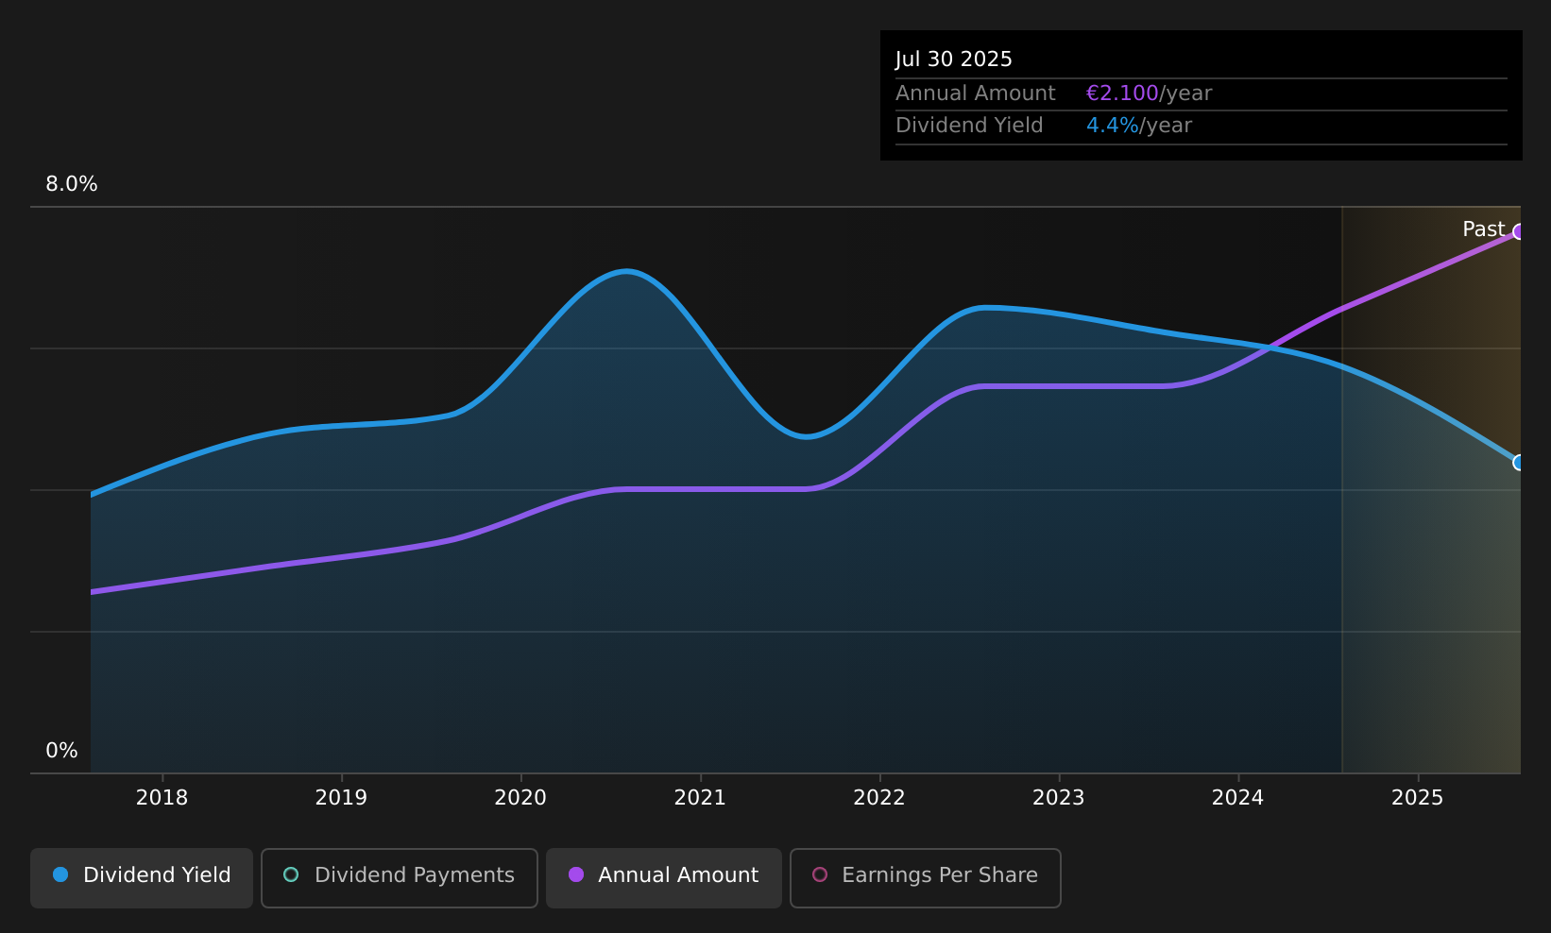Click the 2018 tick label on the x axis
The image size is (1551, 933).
coord(162,798)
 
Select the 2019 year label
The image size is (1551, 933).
coord(341,798)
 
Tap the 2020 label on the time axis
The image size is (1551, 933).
coord(520,798)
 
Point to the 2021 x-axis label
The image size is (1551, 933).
coord(700,798)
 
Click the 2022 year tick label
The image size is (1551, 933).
coord(879,798)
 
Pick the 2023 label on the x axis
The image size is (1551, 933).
coord(1059,798)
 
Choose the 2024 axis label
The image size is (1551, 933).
coord(1238,798)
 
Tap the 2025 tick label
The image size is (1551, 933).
coord(1418,798)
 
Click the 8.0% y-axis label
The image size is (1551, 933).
coord(72,184)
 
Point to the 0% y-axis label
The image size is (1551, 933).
coord(61,751)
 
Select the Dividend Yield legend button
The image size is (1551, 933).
coord(142,877)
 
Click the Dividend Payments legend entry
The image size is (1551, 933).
coord(400,877)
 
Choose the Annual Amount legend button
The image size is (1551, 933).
coord(664,877)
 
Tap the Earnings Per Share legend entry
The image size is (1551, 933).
coord(926,877)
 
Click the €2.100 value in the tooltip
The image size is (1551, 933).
coord(1122,93)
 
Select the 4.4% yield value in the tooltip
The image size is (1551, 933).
coord(1112,126)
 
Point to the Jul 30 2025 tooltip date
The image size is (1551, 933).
coord(953,59)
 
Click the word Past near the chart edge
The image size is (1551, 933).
coord(1483,229)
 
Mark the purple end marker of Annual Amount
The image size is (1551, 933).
coord(1519,232)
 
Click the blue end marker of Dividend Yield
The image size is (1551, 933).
coord(1519,463)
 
